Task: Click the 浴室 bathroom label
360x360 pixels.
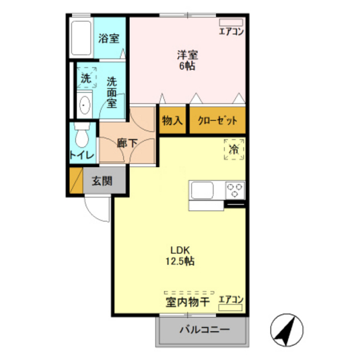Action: tap(109, 38)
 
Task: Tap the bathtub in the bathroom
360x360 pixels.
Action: tap(82, 39)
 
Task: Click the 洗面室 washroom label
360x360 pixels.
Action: tap(111, 92)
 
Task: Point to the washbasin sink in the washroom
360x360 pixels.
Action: tap(84, 104)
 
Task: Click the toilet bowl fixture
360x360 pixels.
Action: tap(81, 136)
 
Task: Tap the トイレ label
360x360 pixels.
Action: tap(81, 155)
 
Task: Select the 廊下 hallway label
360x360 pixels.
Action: tap(126, 143)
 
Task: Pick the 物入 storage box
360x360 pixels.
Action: tap(172, 120)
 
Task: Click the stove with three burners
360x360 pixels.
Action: tap(235, 190)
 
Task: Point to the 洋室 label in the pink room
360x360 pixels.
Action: tap(186, 54)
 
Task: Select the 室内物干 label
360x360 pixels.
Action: tap(188, 301)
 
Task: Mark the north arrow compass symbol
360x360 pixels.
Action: tap(287, 329)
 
